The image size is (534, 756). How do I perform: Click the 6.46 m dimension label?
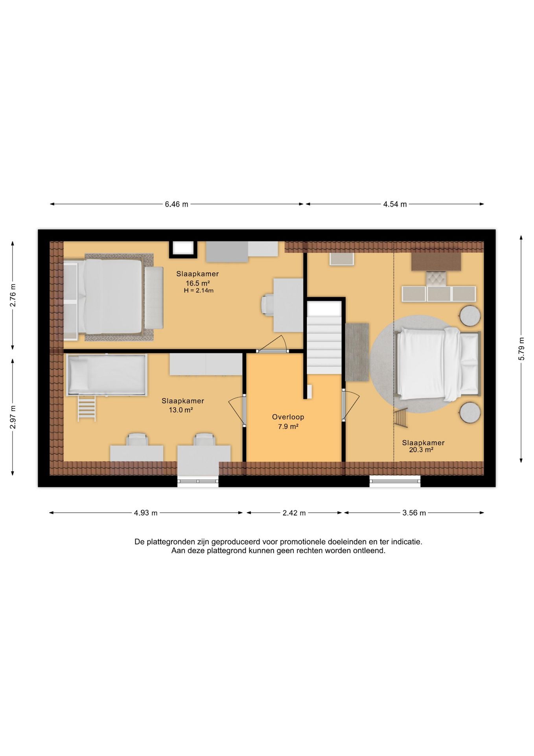click(177, 204)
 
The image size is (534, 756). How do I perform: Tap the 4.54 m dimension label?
click(395, 204)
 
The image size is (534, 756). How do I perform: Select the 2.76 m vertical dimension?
click(13, 295)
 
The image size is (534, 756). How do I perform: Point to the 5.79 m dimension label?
click(521, 348)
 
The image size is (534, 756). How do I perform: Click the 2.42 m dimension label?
click(294, 513)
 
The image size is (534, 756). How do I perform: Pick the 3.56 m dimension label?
click(414, 513)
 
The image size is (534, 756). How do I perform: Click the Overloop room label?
click(288, 417)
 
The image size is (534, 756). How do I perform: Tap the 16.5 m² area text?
click(198, 283)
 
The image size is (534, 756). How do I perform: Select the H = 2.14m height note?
click(199, 291)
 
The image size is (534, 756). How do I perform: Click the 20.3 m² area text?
click(421, 450)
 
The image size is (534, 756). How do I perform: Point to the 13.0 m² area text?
click(181, 410)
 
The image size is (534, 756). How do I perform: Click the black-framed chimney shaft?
click(183, 248)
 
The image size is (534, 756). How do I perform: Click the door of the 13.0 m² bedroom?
click(238, 410)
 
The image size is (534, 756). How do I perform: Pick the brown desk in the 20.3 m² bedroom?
click(436, 262)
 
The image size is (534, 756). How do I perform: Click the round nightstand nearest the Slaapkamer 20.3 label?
click(470, 413)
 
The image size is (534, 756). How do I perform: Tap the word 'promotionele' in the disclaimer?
click(304, 542)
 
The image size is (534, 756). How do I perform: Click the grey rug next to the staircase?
click(357, 352)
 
